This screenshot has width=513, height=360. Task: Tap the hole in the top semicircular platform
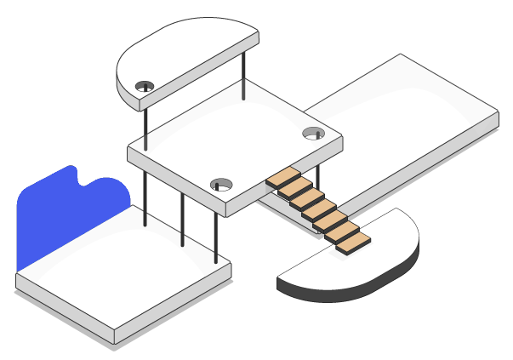145,85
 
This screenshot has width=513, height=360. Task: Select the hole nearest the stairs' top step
221,183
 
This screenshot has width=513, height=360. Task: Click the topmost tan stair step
280,179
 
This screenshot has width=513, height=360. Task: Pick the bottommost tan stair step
353,242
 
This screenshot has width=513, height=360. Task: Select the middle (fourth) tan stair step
316,210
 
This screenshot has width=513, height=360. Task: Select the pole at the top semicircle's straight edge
244,77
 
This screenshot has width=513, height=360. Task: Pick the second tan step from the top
292,190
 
